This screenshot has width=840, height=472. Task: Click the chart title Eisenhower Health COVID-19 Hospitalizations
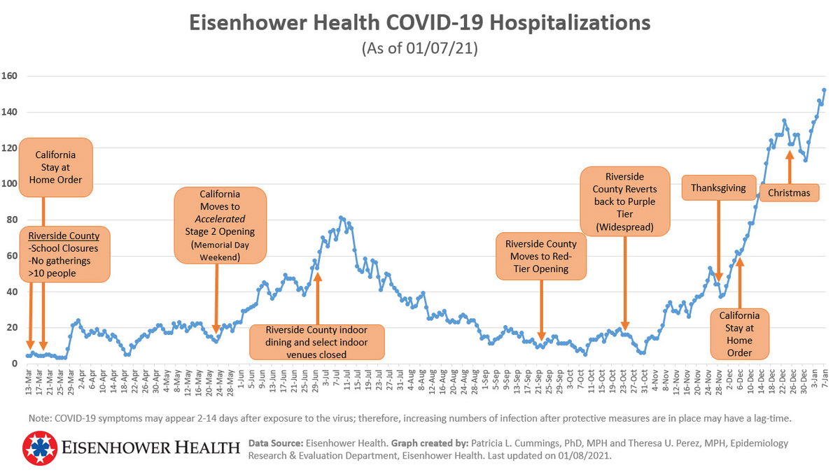click(420, 22)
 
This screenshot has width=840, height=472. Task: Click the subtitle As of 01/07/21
click(420, 49)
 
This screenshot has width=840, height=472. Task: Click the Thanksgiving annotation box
click(718, 188)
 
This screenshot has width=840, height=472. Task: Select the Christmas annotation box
click(789, 192)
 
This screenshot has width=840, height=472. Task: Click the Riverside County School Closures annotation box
click(64, 253)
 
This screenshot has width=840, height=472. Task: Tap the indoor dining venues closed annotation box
click(316, 342)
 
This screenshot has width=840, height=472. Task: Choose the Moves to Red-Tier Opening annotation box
click(541, 257)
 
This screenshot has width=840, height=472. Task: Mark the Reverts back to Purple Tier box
click(625, 202)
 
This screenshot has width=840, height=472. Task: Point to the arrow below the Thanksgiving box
click(718, 241)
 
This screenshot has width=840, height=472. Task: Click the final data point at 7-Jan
click(824, 90)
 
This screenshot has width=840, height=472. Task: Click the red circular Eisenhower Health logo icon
click(41, 448)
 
